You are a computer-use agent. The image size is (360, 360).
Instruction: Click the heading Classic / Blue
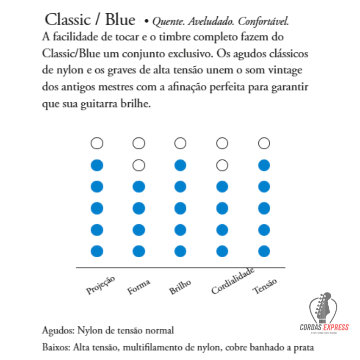(90, 20)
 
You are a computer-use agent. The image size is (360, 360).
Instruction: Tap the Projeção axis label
(101, 285)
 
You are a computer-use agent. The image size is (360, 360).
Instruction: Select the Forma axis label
(139, 287)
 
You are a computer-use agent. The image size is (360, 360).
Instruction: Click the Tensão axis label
(265, 286)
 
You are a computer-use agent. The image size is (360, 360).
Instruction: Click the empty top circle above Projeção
(97, 143)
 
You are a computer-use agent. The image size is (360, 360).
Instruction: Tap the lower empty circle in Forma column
(139, 165)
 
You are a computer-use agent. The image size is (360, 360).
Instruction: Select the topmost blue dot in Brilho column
(180, 165)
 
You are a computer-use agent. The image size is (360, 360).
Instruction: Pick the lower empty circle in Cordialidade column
(222, 165)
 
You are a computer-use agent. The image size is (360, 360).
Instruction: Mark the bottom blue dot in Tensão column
(264, 251)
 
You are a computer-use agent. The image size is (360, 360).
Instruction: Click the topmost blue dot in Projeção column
(97, 165)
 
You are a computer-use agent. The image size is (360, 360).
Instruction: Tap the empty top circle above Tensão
(264, 143)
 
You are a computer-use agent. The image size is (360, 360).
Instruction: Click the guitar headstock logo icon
(323, 308)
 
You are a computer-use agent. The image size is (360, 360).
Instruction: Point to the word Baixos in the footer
(56, 348)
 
